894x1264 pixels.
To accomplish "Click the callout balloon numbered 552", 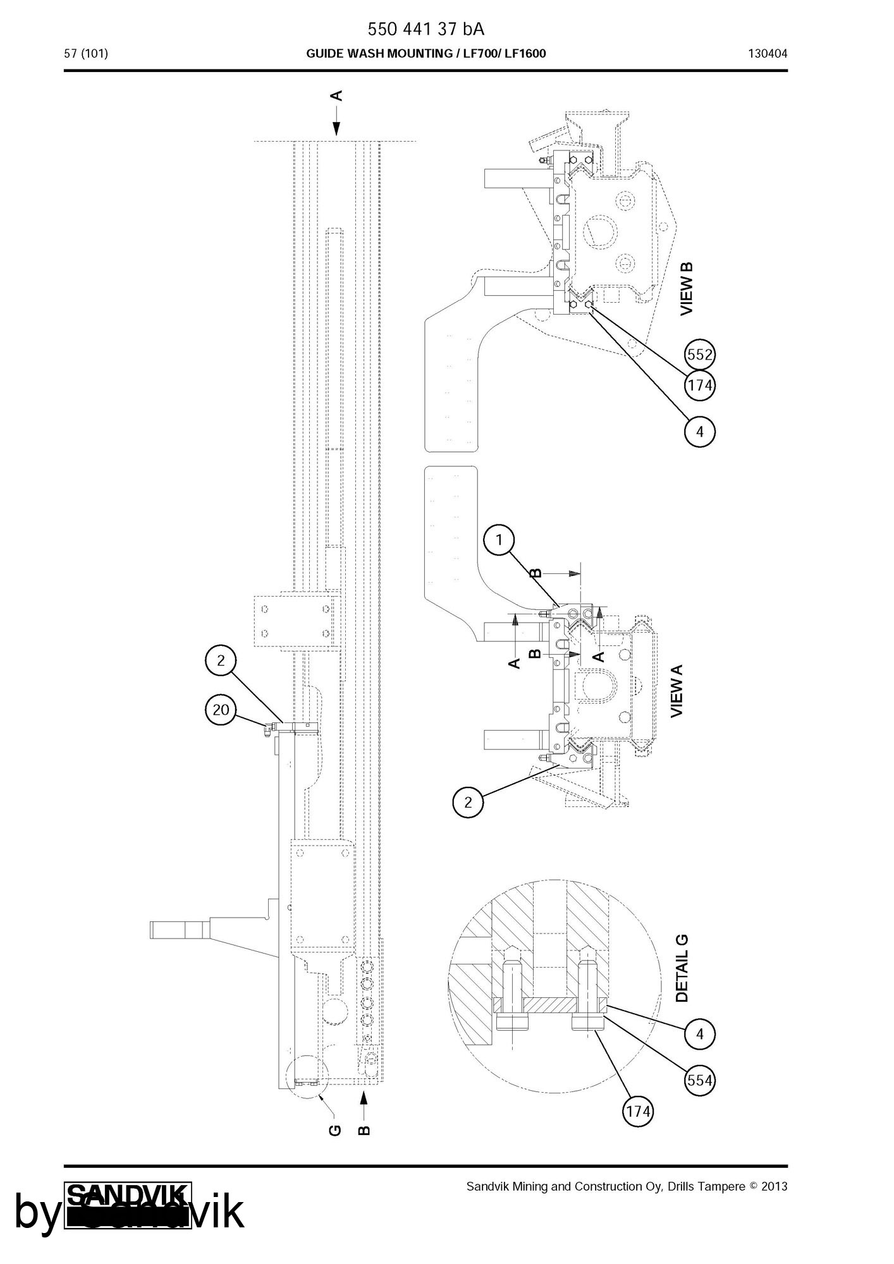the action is coord(700,355).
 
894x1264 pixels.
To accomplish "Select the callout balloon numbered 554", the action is coord(700,1080).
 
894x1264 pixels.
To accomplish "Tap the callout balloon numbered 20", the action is coord(221,710).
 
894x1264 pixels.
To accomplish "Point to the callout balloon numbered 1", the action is coord(499,540).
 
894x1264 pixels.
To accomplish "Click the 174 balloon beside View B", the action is coord(700,385).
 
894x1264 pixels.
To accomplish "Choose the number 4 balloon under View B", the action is coord(700,432).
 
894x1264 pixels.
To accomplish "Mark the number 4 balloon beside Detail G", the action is coord(700,1035).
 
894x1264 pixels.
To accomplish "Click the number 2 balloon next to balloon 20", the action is coord(221,661).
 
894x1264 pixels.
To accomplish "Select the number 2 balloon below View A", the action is coord(468,803).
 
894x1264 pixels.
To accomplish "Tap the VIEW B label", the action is coord(687,289).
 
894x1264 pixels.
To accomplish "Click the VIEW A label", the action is coord(677,691).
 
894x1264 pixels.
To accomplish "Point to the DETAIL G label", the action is coord(682,969).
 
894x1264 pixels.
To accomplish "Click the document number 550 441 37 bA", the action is coord(426,30).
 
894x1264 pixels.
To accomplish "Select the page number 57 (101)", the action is coord(86,54).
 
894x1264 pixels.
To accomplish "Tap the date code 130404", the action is coord(768,54).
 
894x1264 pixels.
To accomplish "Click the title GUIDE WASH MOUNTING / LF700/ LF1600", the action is coord(426,54).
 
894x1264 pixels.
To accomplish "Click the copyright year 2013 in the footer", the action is coord(775,1186).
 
